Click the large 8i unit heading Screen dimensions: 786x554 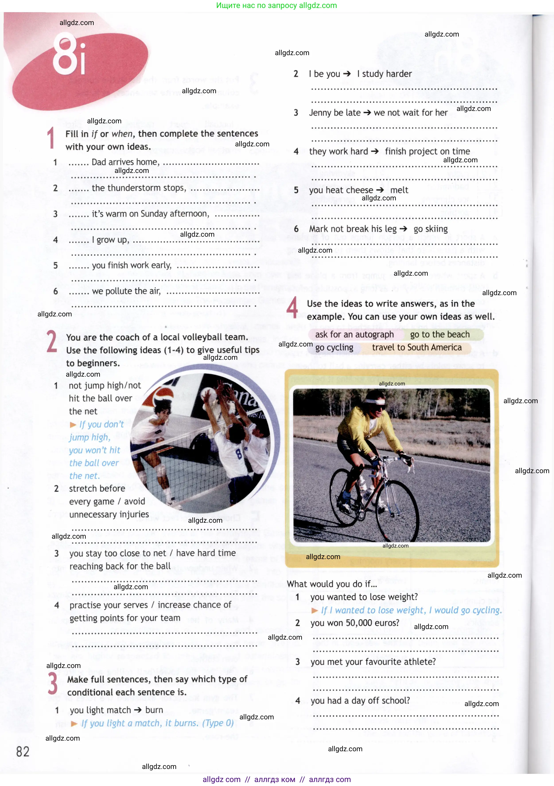(x=68, y=55)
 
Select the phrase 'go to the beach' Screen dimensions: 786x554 (x=440, y=335)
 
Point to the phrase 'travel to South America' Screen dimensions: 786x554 (x=416, y=347)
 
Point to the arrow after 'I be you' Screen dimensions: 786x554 (x=347, y=74)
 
